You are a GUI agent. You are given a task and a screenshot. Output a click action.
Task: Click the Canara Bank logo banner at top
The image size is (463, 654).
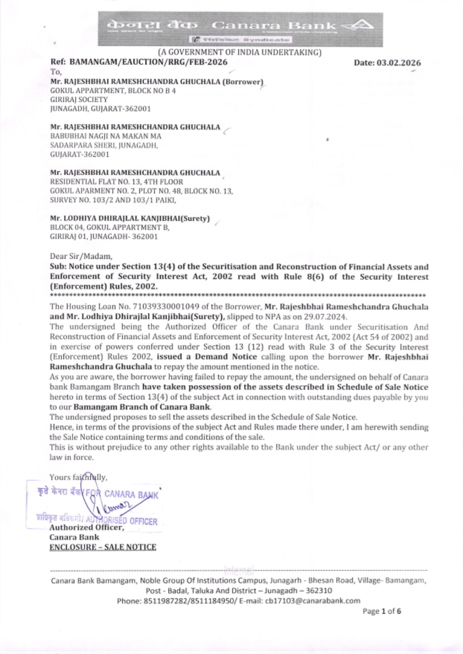pos(240,29)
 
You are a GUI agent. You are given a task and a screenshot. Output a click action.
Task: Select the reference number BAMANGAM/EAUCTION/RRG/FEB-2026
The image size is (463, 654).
pos(149,62)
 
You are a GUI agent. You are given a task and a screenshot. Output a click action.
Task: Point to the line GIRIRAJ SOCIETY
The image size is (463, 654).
pos(79,100)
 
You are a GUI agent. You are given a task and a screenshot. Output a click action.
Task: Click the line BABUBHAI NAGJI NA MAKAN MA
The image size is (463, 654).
pos(106,136)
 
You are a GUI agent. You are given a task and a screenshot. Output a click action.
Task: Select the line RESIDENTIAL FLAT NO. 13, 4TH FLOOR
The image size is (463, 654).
pos(116,182)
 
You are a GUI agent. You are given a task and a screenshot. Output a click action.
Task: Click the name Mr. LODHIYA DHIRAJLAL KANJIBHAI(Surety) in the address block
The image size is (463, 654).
pos(130,218)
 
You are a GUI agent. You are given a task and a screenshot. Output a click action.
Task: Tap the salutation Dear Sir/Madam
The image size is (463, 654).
pos(81,256)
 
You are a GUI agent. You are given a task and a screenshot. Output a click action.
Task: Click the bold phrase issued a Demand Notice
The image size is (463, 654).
pos(206,357)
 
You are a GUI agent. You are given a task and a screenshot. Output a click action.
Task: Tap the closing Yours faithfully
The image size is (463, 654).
pos(78,477)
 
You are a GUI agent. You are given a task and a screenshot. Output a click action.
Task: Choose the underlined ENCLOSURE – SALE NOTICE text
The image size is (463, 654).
pos(103,547)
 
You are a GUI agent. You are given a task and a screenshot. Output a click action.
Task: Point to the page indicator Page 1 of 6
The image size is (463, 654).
pos(382,611)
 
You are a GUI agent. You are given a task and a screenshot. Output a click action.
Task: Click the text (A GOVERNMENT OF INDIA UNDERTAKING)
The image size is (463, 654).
pos(239,52)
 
